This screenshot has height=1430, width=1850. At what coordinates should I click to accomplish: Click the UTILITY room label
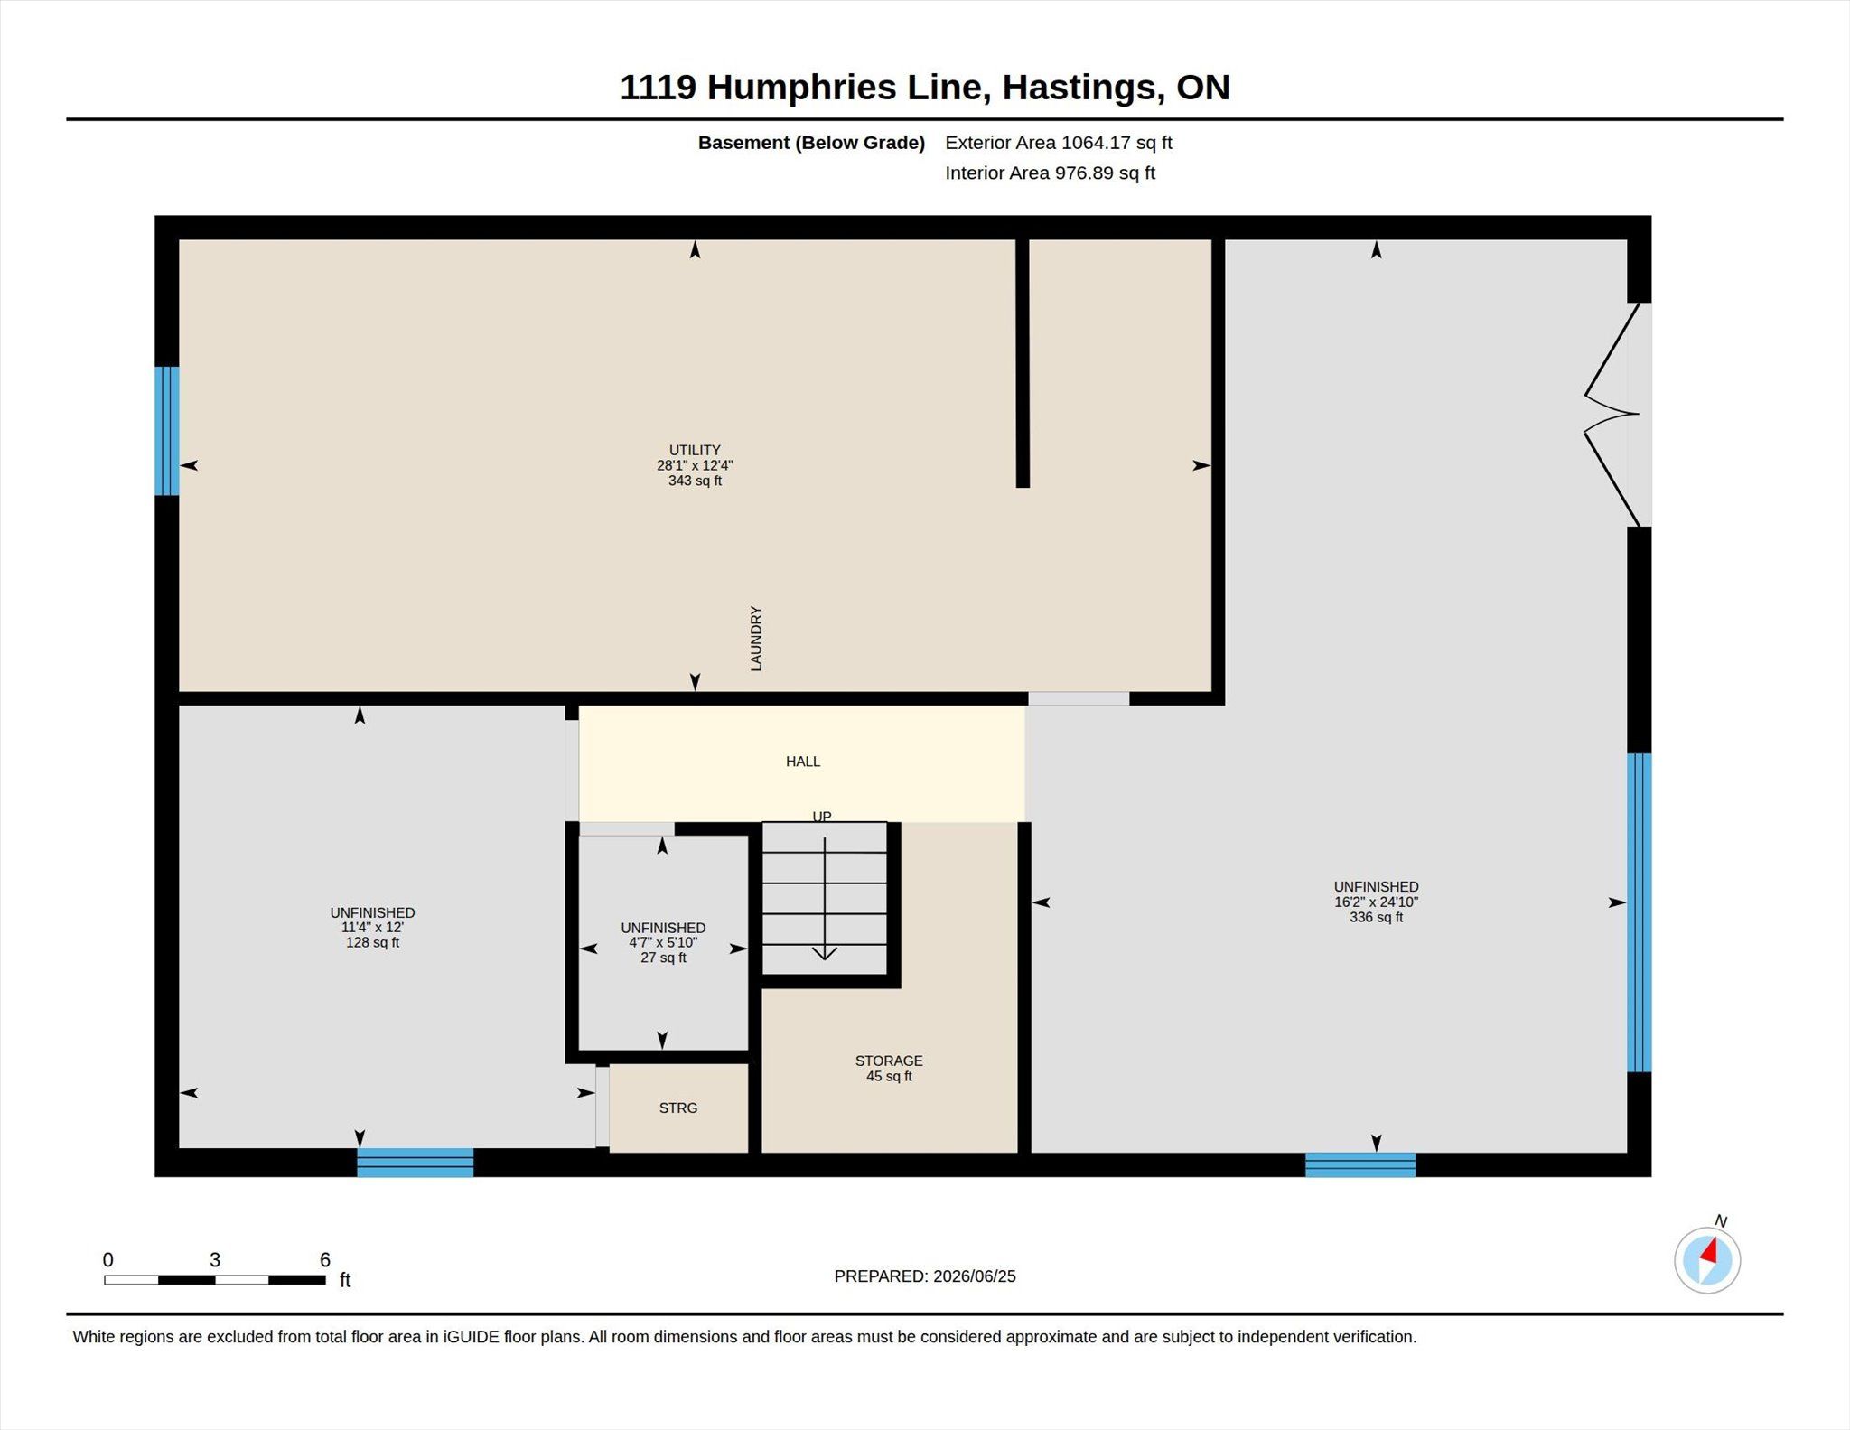coord(695,450)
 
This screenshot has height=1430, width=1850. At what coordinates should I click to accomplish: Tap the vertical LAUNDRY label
coord(756,639)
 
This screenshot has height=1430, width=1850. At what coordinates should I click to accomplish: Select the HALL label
coord(803,762)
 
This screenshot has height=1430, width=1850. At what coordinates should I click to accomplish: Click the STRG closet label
coord(678,1108)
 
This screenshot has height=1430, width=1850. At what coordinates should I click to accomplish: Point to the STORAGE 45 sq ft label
coord(889,1068)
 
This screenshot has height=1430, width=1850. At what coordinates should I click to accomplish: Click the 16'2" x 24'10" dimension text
coord(1376,902)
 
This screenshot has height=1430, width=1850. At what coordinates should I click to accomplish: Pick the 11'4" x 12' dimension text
coord(372,927)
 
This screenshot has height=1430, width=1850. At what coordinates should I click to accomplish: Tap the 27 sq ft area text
coord(663,958)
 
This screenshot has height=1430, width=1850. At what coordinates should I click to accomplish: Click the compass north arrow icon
coord(1707,1260)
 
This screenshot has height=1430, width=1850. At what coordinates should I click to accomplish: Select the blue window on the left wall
coord(166,431)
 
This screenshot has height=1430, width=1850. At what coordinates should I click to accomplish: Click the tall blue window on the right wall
coord(1640,912)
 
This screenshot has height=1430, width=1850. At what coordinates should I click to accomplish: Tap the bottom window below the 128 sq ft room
coord(415,1163)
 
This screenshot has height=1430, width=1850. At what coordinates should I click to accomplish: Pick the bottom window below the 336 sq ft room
coord(1360,1165)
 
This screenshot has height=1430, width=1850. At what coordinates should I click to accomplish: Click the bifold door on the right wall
coord(1613,415)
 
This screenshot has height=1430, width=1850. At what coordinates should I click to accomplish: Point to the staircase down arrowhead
coord(825,953)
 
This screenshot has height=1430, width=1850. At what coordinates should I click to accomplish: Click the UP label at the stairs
coord(822,816)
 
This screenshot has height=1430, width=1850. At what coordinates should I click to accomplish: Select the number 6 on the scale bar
coord(325,1259)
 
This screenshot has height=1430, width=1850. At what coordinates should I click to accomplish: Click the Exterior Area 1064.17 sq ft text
coord(1059,143)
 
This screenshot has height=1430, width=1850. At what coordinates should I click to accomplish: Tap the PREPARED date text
coord(925,1276)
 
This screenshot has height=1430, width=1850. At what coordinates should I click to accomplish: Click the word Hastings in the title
coord(1079,88)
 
